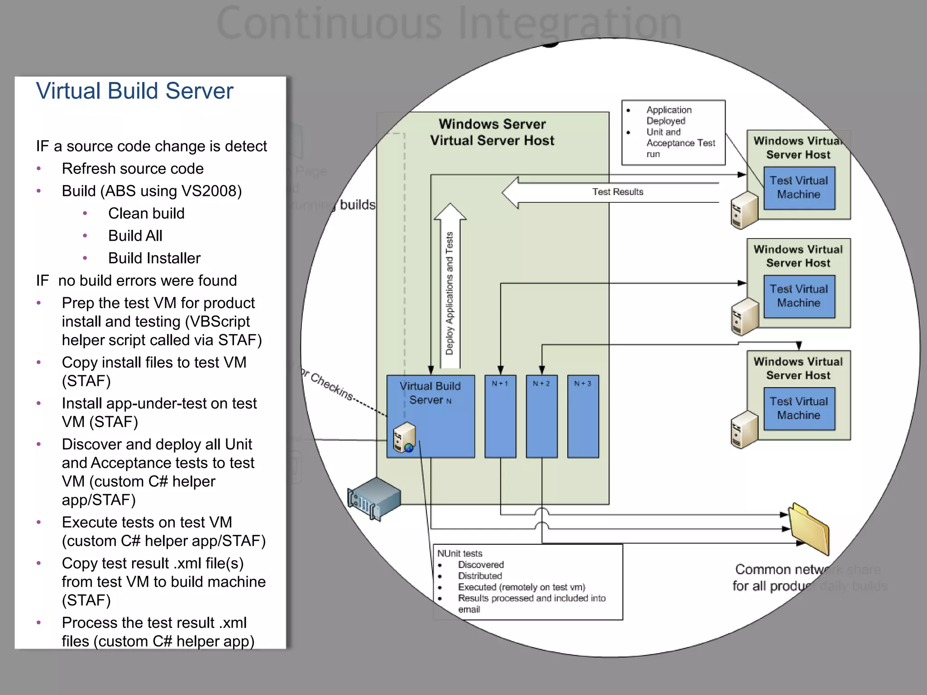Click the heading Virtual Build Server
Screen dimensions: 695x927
[134, 91]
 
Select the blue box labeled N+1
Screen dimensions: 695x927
[500, 416]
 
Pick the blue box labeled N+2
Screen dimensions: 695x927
[541, 416]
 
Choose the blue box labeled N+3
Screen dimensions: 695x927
[583, 416]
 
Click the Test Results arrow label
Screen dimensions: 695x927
[617, 192]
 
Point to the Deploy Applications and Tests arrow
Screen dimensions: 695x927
[449, 290]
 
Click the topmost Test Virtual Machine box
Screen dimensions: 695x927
[799, 188]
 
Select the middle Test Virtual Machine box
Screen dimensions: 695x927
[799, 296]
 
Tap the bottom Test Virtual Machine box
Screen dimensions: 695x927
[799, 408]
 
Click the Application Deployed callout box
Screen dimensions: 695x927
[674, 132]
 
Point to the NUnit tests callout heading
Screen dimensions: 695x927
[460, 553]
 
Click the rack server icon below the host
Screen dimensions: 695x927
[374, 498]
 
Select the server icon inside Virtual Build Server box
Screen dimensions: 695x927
[404, 437]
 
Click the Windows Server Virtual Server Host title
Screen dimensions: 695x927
[492, 132]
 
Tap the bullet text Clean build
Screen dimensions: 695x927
[146, 213]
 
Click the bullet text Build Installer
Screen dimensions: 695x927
[154, 258]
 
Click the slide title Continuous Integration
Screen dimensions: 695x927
[449, 23]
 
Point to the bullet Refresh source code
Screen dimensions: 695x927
[133, 168]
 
